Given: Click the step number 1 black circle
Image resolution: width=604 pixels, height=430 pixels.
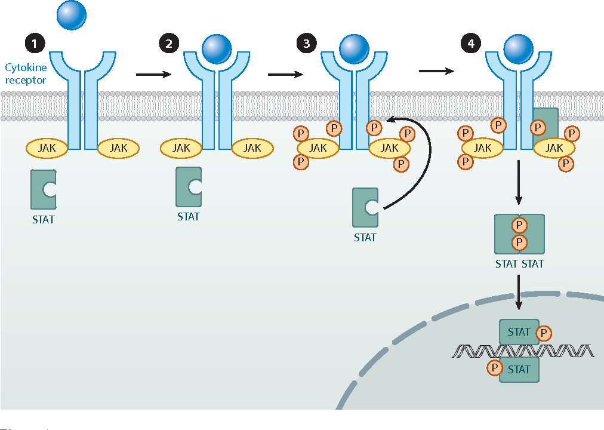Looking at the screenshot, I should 35,44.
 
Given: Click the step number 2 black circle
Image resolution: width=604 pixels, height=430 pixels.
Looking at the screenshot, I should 169,44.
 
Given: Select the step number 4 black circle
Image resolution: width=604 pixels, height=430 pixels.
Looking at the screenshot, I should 472,44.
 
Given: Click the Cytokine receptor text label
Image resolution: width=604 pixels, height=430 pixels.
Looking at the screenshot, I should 25,74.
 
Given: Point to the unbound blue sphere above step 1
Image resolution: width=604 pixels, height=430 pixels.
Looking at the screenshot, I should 72,15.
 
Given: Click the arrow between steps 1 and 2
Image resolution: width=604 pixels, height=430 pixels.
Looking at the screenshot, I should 153,75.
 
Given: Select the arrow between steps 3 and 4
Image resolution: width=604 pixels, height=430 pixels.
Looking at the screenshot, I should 436,71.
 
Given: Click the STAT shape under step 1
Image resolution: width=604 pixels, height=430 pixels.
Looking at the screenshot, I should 43,189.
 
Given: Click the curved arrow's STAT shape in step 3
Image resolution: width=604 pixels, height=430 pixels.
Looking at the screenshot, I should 365,208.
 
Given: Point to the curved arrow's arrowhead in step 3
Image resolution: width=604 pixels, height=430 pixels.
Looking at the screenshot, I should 389,120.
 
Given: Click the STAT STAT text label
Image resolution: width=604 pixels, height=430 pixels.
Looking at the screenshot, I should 519,263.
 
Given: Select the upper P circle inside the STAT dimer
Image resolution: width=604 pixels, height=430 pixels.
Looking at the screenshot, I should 519,225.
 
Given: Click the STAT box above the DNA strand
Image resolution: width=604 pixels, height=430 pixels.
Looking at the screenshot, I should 519,331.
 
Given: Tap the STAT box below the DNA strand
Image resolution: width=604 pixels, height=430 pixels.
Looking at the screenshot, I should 519,369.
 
